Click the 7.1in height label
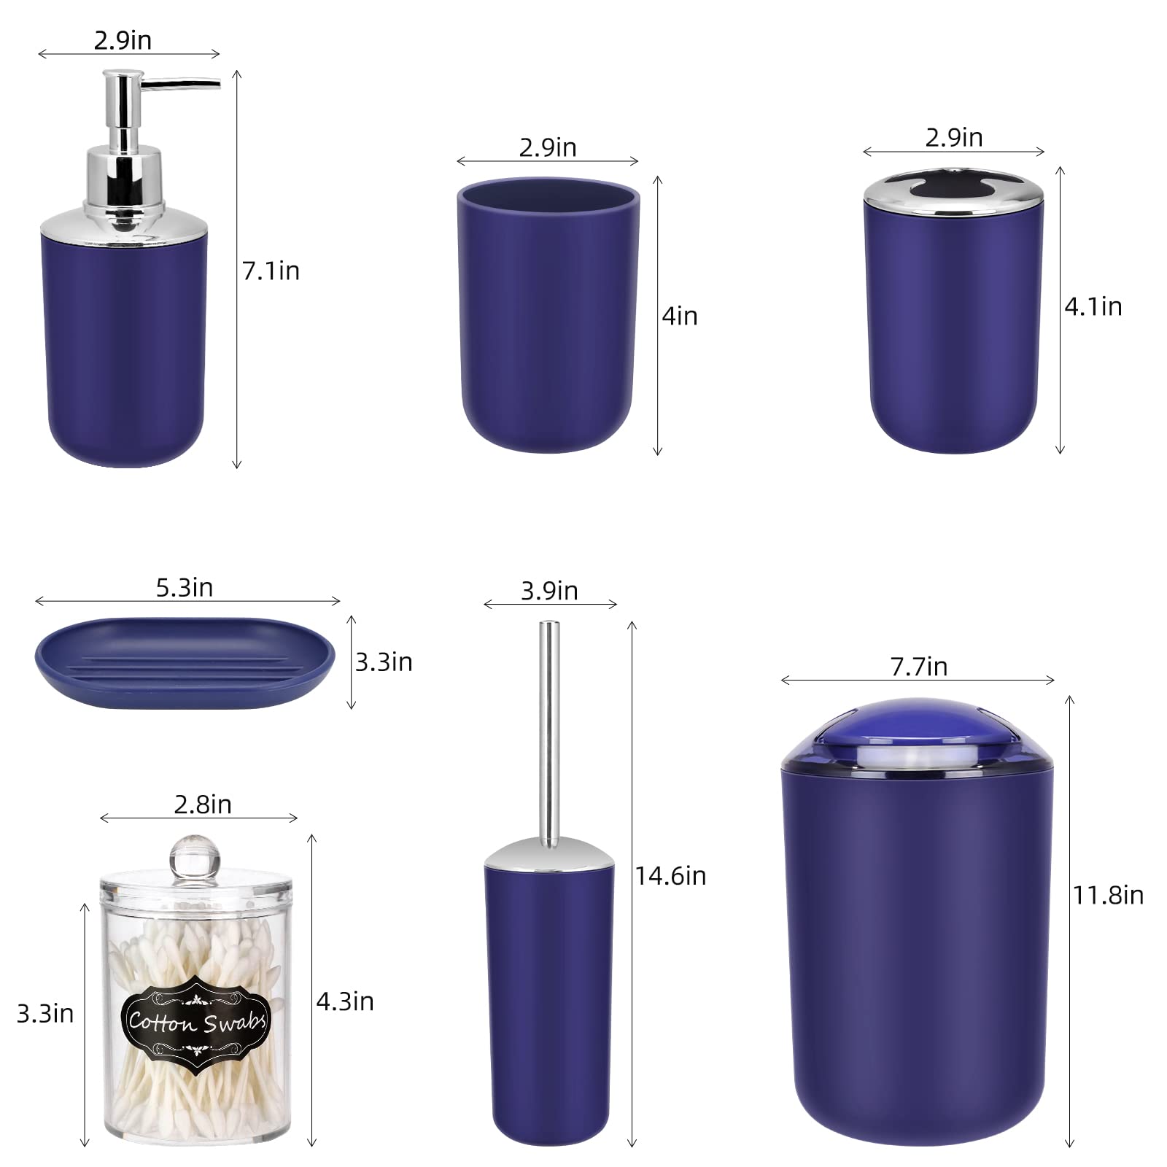(x=271, y=271)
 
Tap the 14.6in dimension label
(x=670, y=876)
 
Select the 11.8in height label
(x=1107, y=895)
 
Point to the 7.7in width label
(x=918, y=666)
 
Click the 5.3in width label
(x=185, y=587)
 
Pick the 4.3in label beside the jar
(x=344, y=1001)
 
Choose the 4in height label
(x=679, y=317)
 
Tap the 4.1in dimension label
(x=1093, y=306)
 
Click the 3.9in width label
(x=549, y=591)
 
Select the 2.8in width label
(x=203, y=805)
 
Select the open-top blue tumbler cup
(x=548, y=321)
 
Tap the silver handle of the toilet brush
(x=549, y=729)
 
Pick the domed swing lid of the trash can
(x=917, y=733)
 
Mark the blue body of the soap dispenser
(x=125, y=350)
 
